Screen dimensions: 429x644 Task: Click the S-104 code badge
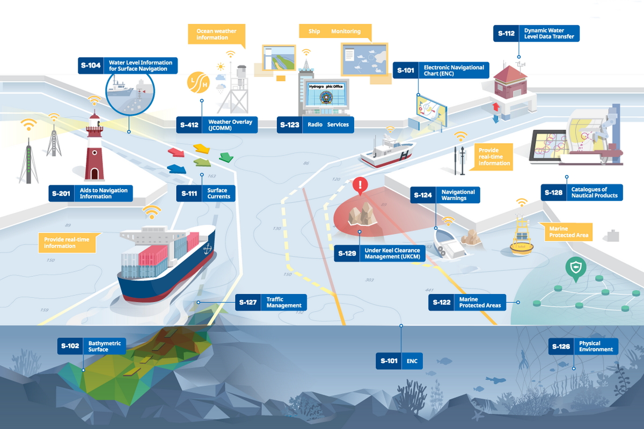click(x=91, y=65)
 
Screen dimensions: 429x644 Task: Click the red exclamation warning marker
click(x=361, y=186)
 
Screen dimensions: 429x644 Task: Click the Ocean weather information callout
click(x=216, y=34)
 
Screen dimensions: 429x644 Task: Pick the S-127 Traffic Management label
click(x=271, y=302)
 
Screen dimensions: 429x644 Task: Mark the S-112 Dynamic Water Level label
click(x=536, y=33)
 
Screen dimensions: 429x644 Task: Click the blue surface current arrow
click(x=177, y=168)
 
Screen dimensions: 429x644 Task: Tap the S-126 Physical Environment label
click(x=583, y=346)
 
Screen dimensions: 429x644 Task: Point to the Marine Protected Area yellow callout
click(x=568, y=232)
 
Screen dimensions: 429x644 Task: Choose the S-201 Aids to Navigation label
click(x=90, y=193)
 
